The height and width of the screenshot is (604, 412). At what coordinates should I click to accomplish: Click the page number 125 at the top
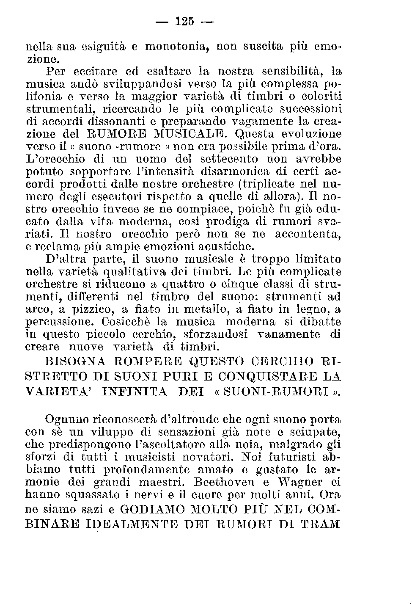click(x=184, y=21)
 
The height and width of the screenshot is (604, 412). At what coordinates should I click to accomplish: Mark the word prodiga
click(x=228, y=222)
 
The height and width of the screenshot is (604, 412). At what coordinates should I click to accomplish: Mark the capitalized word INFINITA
click(x=135, y=391)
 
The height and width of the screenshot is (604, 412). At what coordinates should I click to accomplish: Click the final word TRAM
click(x=321, y=524)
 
